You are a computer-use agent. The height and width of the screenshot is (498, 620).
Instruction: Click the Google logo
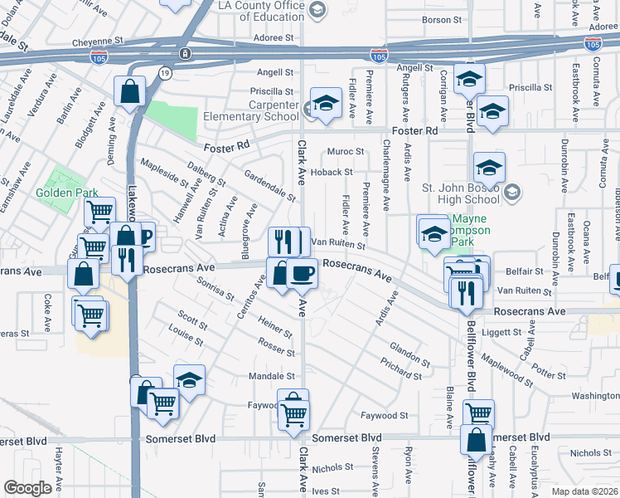pos(27,489)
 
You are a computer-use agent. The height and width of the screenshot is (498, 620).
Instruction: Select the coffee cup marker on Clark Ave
pos(303,273)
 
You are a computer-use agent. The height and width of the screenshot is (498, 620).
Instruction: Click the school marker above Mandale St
pos(190,379)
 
